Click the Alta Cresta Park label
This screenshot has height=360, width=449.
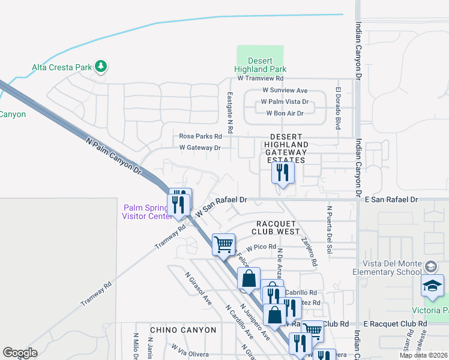pos(61,67)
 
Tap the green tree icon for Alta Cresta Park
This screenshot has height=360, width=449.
pos(101,65)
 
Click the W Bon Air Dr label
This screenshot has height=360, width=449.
pos(279,113)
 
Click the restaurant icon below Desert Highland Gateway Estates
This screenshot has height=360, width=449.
pos(282,173)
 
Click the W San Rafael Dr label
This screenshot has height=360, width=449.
pos(222,205)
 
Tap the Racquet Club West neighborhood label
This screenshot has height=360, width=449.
pos(276,226)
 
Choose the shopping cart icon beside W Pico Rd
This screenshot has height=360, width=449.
pos(223,244)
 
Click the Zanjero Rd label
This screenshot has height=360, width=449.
pos(309,251)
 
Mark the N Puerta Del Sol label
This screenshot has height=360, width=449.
pos(330,229)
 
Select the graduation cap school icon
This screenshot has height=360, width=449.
pos(431,287)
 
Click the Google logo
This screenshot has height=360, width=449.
pos(20,353)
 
